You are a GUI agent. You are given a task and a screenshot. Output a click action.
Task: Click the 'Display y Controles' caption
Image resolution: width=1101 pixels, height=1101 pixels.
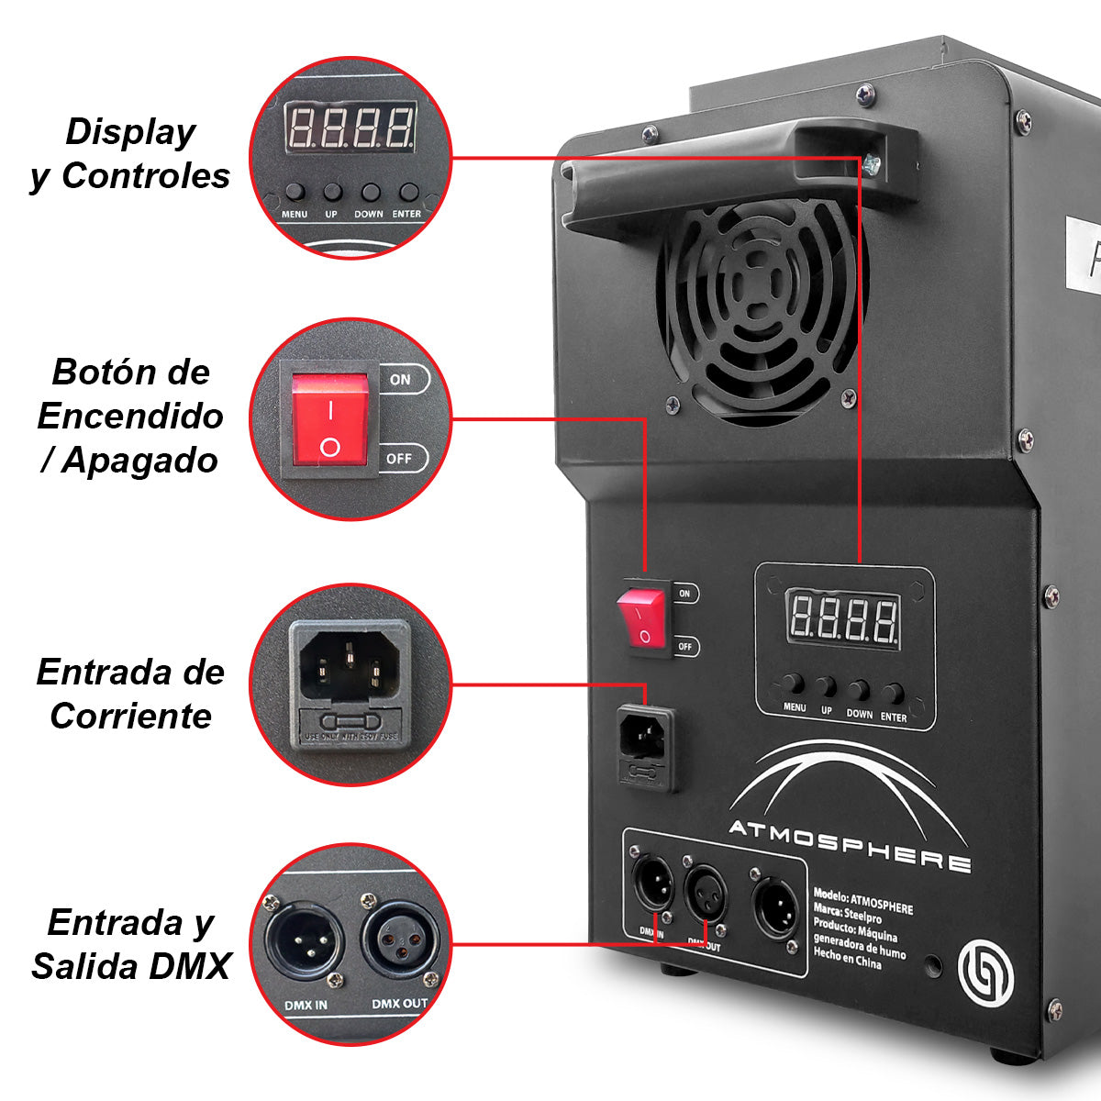point(130,153)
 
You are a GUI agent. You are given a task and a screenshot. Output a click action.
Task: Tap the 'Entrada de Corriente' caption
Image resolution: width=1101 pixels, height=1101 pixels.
point(130,694)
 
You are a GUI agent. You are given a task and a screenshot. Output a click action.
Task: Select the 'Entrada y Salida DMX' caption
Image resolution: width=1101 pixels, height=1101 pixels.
point(130,944)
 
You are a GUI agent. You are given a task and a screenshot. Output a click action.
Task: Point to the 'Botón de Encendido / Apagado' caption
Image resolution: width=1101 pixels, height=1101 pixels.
point(130,416)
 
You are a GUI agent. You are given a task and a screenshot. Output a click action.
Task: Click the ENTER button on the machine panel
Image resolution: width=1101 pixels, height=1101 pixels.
point(894,693)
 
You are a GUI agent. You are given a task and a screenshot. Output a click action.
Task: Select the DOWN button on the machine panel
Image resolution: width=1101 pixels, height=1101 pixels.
point(860,690)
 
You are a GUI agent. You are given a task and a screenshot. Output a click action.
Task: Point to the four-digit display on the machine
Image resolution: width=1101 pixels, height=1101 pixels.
point(844,621)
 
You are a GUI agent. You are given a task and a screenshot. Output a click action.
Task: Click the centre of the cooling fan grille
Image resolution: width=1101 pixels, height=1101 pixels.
point(760,307)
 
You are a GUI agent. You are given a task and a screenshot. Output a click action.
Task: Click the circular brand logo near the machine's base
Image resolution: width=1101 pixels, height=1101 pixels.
point(984,973)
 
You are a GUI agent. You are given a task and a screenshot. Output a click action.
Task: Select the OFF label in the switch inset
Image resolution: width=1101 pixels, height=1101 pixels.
point(400,458)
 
